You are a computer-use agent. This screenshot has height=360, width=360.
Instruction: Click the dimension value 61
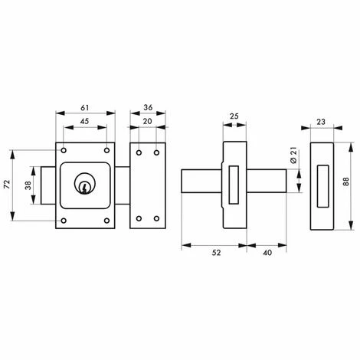(x=85, y=108)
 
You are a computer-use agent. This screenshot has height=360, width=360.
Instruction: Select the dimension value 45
(x=85, y=121)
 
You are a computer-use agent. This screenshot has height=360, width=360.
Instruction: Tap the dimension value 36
(x=148, y=107)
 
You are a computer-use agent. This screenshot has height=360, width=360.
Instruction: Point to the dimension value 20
(x=147, y=121)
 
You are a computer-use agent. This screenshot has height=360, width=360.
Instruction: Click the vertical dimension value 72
(x=7, y=184)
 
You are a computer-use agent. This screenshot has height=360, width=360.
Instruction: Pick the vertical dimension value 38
(x=28, y=185)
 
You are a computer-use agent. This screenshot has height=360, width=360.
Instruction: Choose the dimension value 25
(x=234, y=116)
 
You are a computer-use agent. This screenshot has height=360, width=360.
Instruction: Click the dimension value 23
(x=321, y=122)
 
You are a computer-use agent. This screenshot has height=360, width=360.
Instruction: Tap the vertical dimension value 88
(x=345, y=182)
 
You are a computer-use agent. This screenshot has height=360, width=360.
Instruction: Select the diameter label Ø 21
(x=293, y=155)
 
